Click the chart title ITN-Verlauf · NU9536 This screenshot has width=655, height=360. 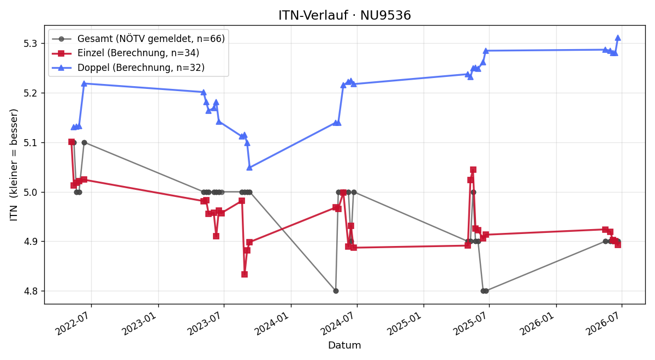click(344, 15)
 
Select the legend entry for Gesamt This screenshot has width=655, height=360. click(138, 39)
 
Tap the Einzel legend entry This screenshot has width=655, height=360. click(126, 53)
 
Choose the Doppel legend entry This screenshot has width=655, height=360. click(128, 68)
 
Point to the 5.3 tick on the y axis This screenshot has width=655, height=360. click(30, 44)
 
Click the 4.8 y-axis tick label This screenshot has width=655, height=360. click(30, 291)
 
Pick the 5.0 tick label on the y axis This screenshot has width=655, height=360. click(30, 192)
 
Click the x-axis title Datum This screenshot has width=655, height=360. click(344, 345)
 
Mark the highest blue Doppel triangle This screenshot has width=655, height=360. click(618, 38)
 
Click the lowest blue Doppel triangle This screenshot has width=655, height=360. click(249, 167)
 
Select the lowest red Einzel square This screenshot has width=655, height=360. click(245, 274)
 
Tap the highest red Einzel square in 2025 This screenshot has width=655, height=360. click(473, 170)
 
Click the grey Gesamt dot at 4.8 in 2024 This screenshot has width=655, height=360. click(336, 291)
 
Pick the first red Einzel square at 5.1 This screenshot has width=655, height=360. click(72, 142)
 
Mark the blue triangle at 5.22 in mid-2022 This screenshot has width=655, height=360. click(84, 83)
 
